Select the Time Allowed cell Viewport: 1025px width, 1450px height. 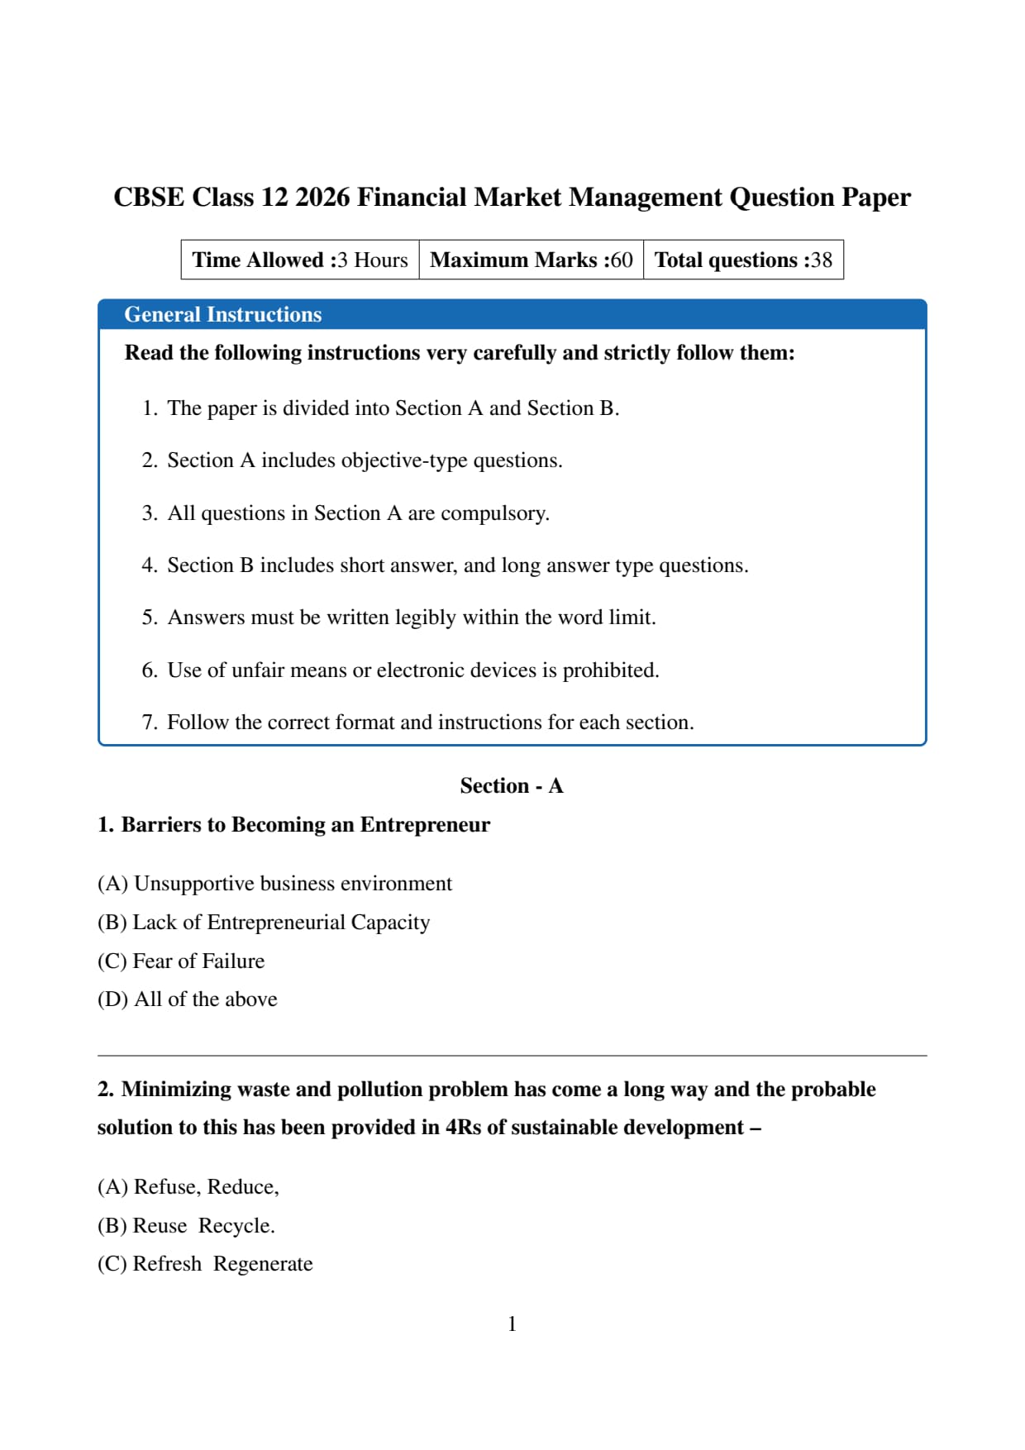[x=300, y=260]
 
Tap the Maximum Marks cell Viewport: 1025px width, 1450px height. [x=532, y=260]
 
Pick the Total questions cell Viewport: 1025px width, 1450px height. [x=743, y=260]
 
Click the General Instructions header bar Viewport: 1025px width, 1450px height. [x=512, y=315]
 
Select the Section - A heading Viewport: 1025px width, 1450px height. [x=512, y=785]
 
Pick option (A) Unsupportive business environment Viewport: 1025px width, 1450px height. [x=274, y=884]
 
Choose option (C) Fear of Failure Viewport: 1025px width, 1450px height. [x=181, y=961]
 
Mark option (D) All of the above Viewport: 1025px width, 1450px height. [x=188, y=999]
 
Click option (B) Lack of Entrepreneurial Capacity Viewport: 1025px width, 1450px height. [x=264, y=923]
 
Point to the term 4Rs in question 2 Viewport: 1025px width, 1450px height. [x=463, y=1128]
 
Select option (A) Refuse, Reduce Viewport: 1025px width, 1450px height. [x=188, y=1187]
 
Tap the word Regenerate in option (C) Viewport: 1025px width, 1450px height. [x=263, y=1264]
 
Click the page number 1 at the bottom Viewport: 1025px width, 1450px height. [x=512, y=1324]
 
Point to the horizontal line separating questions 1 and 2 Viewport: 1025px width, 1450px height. [x=512, y=1056]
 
